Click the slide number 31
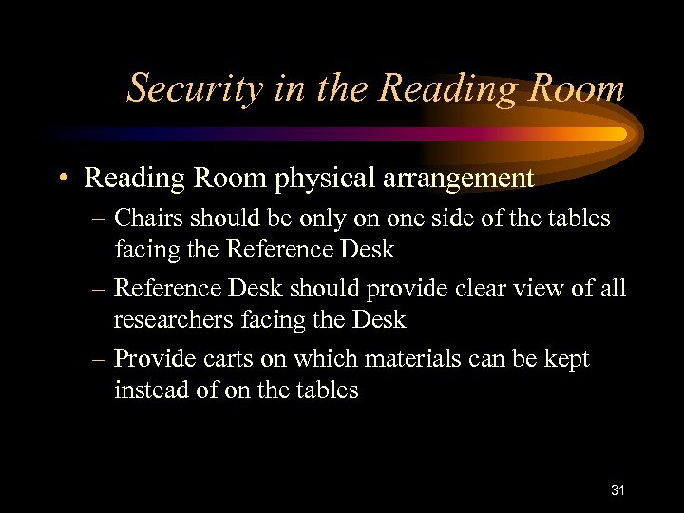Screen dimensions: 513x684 click(617, 490)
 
